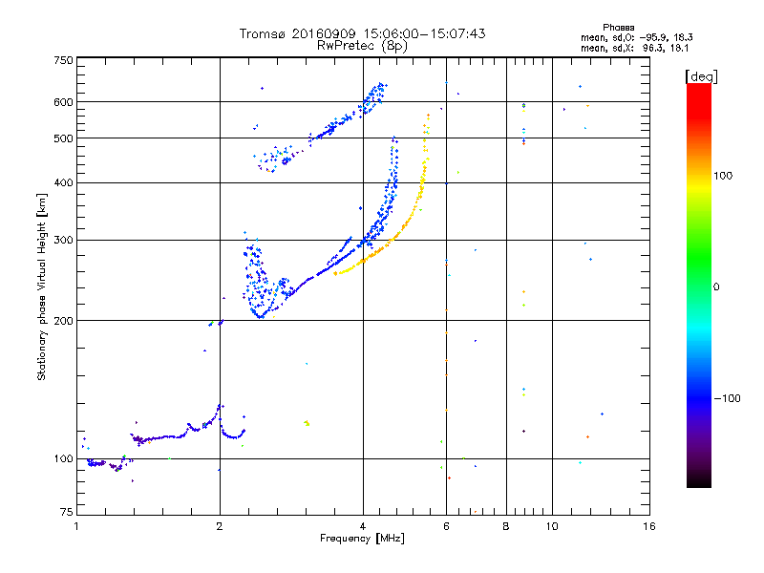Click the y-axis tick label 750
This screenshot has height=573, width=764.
tap(63, 60)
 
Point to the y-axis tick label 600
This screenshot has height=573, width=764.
tap(63, 102)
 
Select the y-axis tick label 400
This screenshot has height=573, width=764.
tap(63, 182)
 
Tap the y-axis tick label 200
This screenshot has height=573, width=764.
tap(63, 320)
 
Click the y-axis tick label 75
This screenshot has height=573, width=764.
tap(66, 513)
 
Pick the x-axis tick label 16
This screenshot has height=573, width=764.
tap(648, 526)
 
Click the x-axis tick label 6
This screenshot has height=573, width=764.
tap(446, 526)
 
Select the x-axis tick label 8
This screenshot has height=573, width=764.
tap(505, 526)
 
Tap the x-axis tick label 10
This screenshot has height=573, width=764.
tap(552, 526)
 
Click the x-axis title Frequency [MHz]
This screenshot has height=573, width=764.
tap(362, 539)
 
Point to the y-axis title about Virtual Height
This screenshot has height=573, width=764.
tap(42, 288)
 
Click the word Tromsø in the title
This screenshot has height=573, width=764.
tap(263, 33)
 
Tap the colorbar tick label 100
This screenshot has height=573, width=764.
tap(725, 176)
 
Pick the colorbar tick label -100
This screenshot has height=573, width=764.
tap(728, 397)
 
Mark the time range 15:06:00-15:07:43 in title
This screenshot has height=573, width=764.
tap(418, 33)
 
